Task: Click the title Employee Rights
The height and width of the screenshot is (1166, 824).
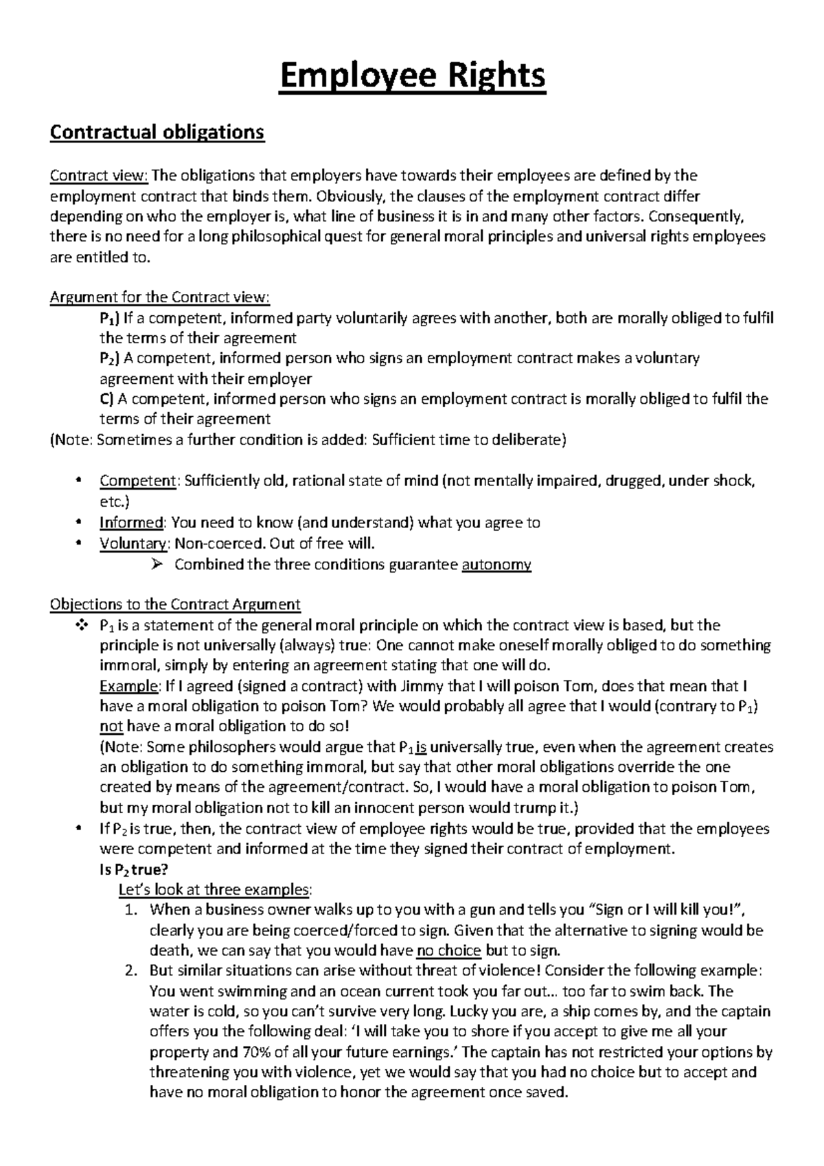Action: point(412,76)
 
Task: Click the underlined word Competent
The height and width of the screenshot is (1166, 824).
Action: point(138,481)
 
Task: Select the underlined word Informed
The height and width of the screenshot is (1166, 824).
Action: point(131,523)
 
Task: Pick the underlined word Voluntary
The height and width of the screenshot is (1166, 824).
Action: point(133,543)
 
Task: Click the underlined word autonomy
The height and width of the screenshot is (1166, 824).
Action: point(496,564)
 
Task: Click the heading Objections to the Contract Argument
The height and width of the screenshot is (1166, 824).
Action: point(176,604)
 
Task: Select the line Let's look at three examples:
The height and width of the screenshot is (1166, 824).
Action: point(215,890)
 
